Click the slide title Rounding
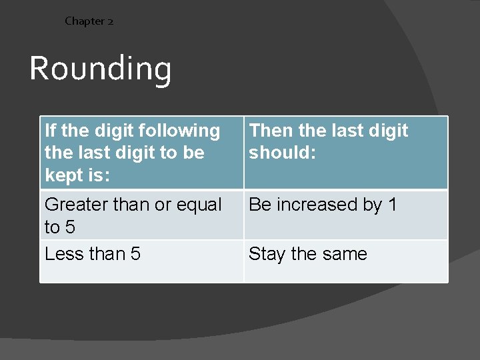pyautogui.click(x=100, y=69)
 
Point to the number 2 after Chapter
pyautogui.click(x=110, y=21)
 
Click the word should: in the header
pyautogui.click(x=283, y=153)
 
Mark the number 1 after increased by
pyautogui.click(x=392, y=205)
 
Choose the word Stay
pyautogui.click(x=267, y=254)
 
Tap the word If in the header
pyautogui.click(x=50, y=131)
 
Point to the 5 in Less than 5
pyautogui.click(x=135, y=254)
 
